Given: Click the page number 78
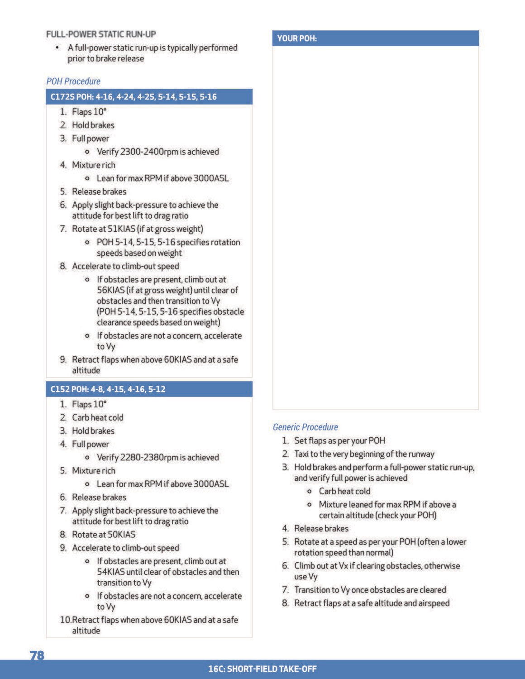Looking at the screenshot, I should click(37, 655).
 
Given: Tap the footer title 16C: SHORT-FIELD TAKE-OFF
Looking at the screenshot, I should click(262, 669).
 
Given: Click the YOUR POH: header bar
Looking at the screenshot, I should click(375, 38).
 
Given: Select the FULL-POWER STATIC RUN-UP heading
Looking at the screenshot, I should click(101, 34).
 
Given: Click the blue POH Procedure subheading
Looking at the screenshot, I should click(73, 81).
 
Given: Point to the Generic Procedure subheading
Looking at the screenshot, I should click(305, 427).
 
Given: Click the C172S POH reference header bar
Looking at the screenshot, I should click(149, 97).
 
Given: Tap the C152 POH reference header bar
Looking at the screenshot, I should click(149, 389).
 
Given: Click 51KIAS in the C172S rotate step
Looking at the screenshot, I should click(121, 229).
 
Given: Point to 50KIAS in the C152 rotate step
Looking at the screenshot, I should click(121, 535).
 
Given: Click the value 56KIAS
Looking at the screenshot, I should click(110, 290).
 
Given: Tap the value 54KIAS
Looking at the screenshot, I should click(110, 572).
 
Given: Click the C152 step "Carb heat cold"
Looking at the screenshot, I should click(98, 417).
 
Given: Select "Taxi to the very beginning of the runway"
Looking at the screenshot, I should click(364, 454).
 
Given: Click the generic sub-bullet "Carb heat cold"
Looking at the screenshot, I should click(344, 491).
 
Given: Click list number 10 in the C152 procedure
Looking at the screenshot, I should click(66, 620).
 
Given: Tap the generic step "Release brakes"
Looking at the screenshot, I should click(321, 529).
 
